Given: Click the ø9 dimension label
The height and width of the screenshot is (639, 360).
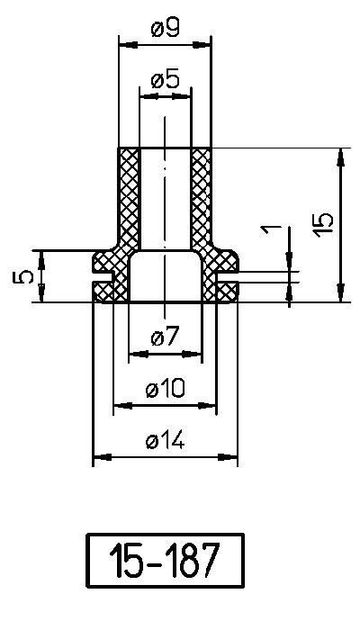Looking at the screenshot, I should [165, 29].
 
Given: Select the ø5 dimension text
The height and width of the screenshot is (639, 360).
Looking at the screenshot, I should [165, 79].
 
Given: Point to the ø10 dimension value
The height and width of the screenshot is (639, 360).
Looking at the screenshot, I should [165, 389].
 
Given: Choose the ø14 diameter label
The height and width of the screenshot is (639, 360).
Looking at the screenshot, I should [165, 440].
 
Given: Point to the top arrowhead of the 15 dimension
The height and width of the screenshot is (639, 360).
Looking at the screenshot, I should [340, 155].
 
